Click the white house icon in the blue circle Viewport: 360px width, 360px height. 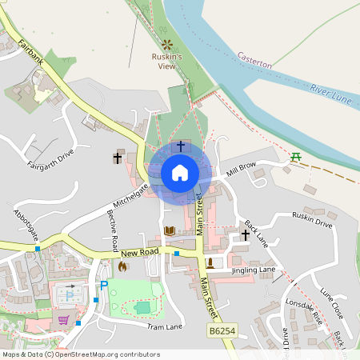point(179,173)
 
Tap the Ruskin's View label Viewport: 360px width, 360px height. point(168,62)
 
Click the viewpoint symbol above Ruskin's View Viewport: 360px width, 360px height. point(168,45)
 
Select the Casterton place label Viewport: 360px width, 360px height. point(255,61)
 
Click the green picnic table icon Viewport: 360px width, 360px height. point(296,157)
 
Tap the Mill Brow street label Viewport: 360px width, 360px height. point(241,168)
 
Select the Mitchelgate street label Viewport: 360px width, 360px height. point(131,194)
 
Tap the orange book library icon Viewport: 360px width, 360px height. point(170,230)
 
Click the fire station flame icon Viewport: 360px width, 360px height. point(122,266)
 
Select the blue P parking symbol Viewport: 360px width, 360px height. point(103,286)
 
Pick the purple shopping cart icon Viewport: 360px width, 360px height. point(62,320)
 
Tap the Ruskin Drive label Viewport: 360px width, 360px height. point(312,225)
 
